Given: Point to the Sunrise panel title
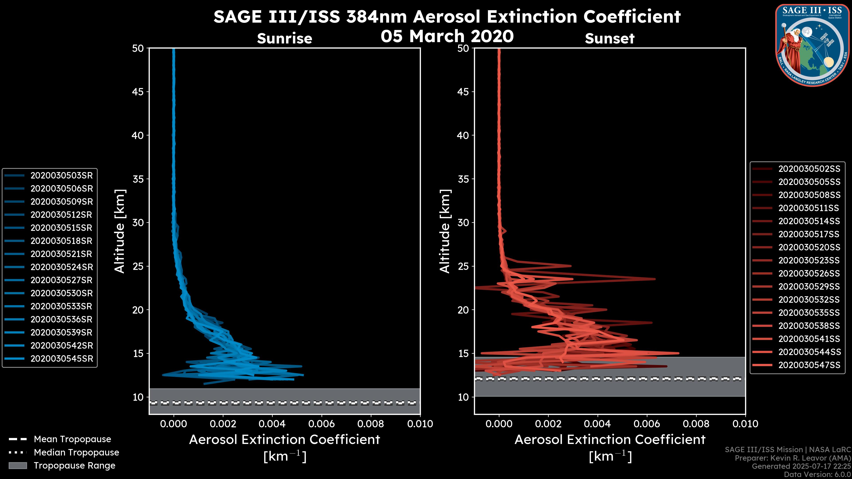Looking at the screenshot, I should [x=284, y=38].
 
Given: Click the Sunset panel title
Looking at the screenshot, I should [x=609, y=38].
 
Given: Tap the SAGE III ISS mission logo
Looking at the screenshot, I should [x=813, y=45].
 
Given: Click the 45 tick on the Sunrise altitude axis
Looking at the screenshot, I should [x=138, y=92].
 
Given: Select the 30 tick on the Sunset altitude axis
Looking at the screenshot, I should [x=463, y=222].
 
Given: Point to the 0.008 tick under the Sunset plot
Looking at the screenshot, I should [x=696, y=424].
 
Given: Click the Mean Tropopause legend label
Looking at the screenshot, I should [x=72, y=439].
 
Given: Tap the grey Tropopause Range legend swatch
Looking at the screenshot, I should [x=18, y=465].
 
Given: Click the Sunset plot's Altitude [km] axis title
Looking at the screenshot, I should [x=445, y=231].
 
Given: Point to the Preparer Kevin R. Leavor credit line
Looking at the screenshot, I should [x=793, y=458].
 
